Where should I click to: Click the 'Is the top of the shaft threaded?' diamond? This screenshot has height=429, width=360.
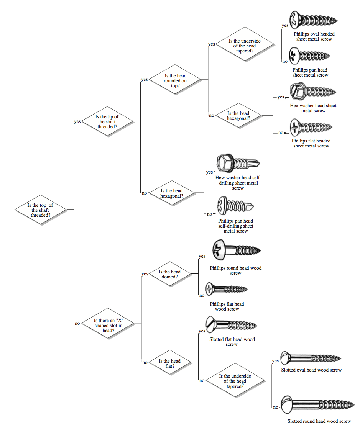[41, 210]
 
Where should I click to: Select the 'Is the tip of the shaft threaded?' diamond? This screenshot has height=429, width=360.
[107, 121]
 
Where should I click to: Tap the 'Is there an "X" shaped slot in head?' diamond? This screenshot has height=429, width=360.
[108, 324]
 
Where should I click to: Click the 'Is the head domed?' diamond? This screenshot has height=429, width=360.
[169, 274]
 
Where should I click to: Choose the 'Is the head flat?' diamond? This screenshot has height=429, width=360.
[170, 362]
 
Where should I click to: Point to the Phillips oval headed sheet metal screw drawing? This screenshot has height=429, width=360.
[314, 20]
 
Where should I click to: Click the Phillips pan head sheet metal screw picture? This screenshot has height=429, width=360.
[310, 56]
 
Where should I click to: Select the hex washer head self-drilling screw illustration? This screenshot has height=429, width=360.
[238, 163]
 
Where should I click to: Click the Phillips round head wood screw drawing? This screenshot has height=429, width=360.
[237, 250]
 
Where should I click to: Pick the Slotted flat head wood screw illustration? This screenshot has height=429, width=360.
[232, 325]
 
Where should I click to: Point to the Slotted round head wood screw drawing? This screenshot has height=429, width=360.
[317, 404]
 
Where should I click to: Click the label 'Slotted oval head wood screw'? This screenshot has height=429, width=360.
[311, 370]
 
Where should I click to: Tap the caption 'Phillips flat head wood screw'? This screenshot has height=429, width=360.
[227, 306]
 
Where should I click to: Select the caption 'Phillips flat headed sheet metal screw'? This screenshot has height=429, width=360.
[311, 143]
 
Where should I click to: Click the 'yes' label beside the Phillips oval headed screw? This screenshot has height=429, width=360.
[285, 25]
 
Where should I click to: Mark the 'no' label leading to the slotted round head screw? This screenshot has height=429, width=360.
[276, 407]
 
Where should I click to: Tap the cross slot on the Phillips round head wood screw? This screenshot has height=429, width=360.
[218, 249]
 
